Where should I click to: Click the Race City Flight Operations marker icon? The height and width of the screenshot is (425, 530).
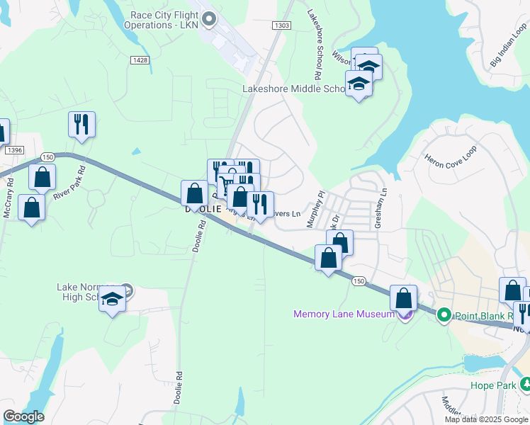208,20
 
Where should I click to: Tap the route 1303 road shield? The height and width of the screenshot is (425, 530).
281,25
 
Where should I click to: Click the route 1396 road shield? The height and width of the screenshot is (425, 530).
13,150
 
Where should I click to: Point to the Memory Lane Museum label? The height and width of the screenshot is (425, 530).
343,314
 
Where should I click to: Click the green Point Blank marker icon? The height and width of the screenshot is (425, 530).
444,314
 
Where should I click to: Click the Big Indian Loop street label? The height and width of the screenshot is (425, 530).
509,47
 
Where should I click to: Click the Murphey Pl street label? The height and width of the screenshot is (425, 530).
315,208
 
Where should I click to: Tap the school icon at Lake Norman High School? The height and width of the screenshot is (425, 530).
112,301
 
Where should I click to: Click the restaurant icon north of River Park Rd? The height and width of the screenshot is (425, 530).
81,125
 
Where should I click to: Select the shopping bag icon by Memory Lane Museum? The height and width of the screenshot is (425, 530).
403,297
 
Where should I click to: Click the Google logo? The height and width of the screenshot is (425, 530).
23,416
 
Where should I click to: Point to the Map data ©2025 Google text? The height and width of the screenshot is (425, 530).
485,419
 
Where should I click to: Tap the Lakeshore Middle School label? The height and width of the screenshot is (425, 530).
293,89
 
